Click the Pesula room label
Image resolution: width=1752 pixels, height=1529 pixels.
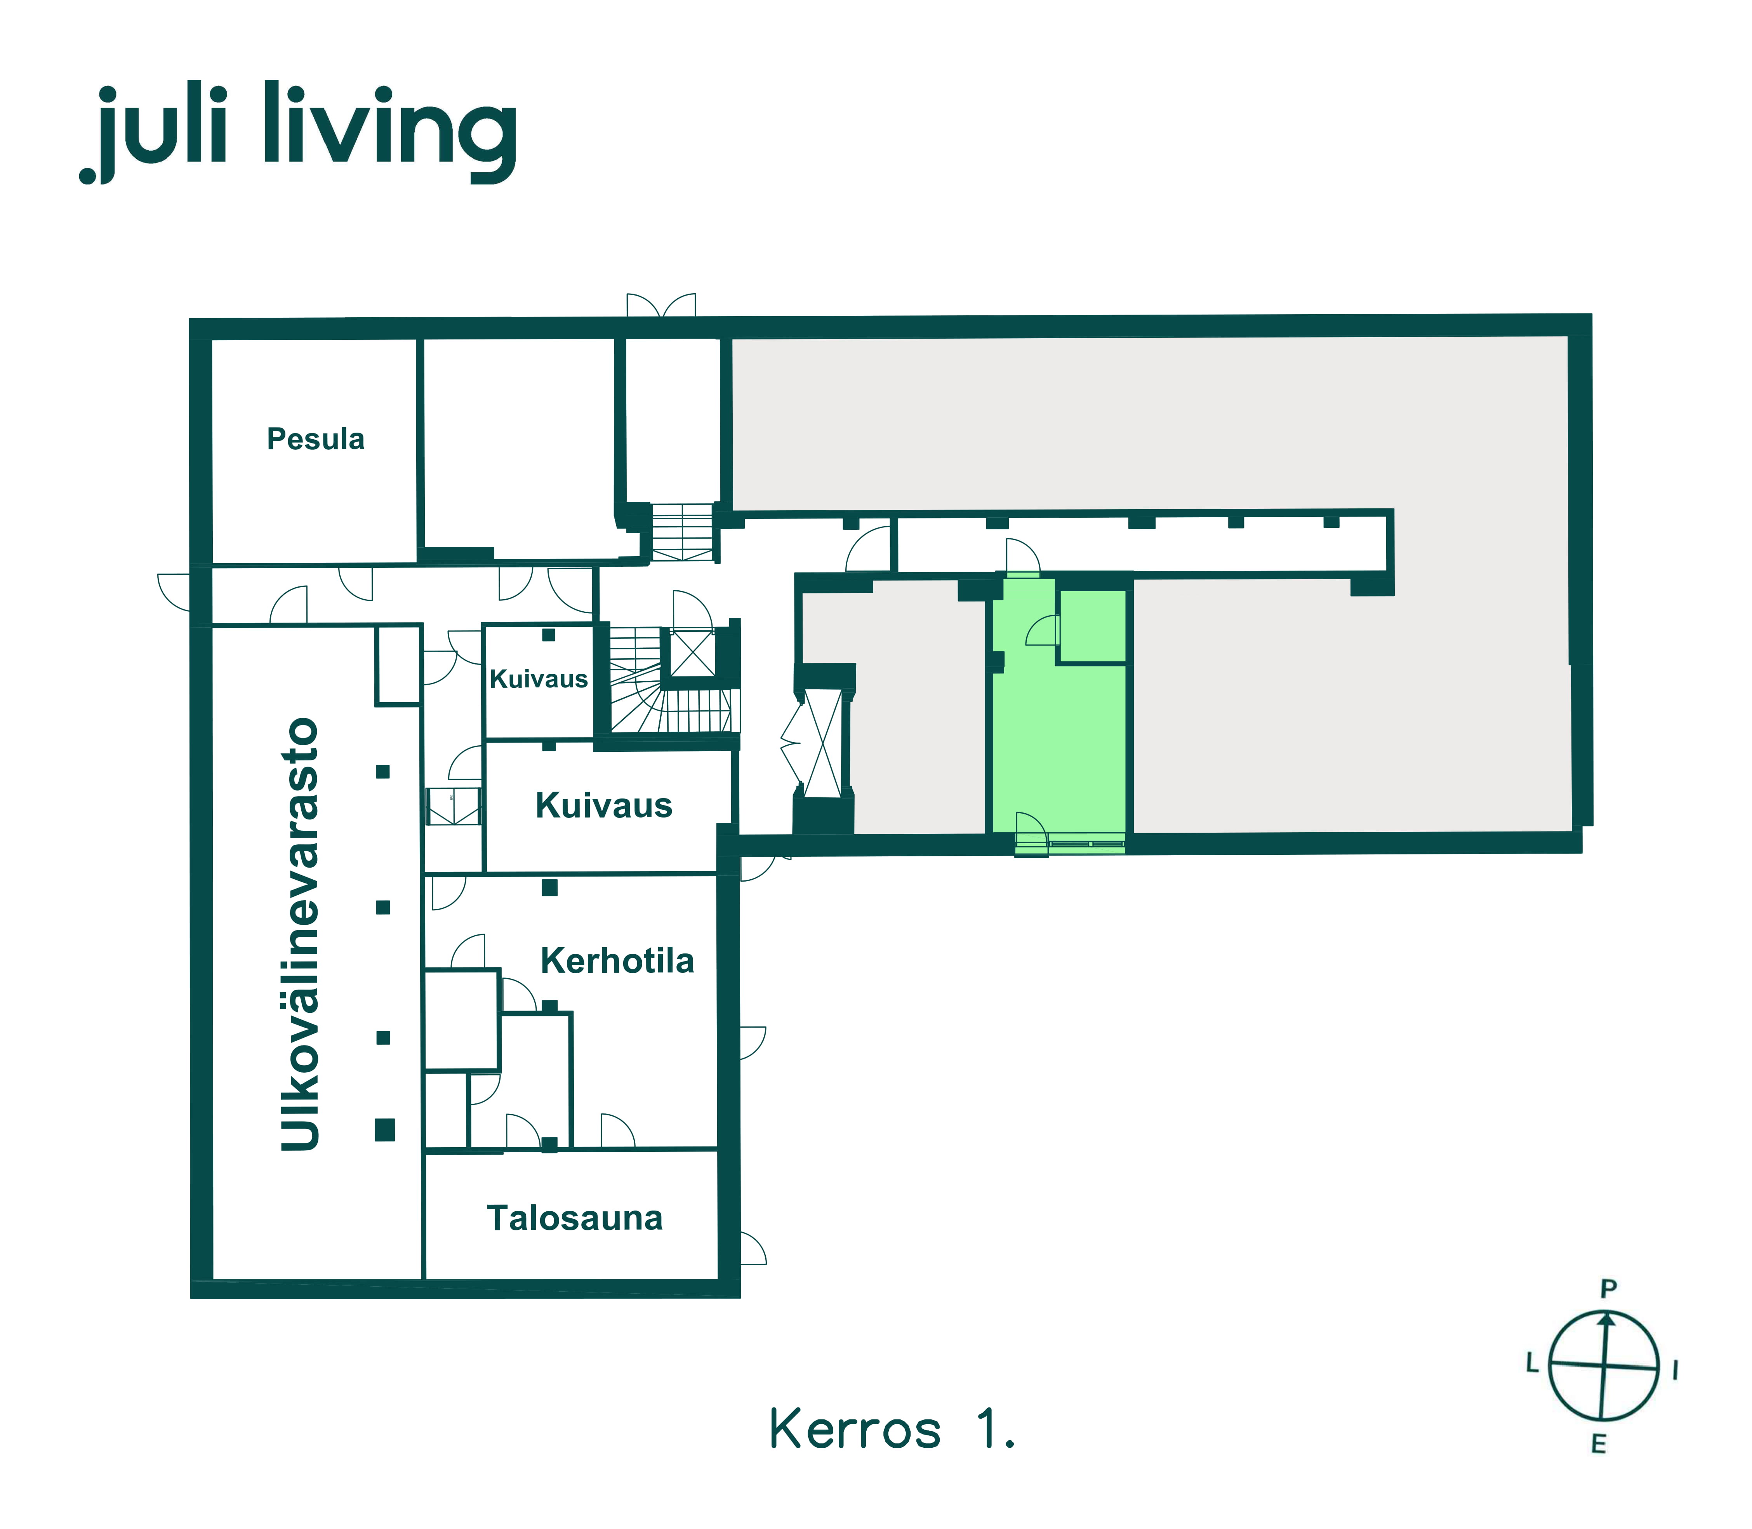[316, 438]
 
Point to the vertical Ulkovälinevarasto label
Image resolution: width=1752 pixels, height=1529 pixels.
[300, 934]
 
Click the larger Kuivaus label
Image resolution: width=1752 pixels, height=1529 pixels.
[604, 805]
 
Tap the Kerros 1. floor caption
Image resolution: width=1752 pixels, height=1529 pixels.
[892, 1429]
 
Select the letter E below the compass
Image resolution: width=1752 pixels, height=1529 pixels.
[1599, 1444]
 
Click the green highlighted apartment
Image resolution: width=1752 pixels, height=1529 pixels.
[1059, 734]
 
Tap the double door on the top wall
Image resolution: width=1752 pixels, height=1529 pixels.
[661, 306]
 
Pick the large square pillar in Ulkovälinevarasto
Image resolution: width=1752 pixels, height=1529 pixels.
[385, 1130]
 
